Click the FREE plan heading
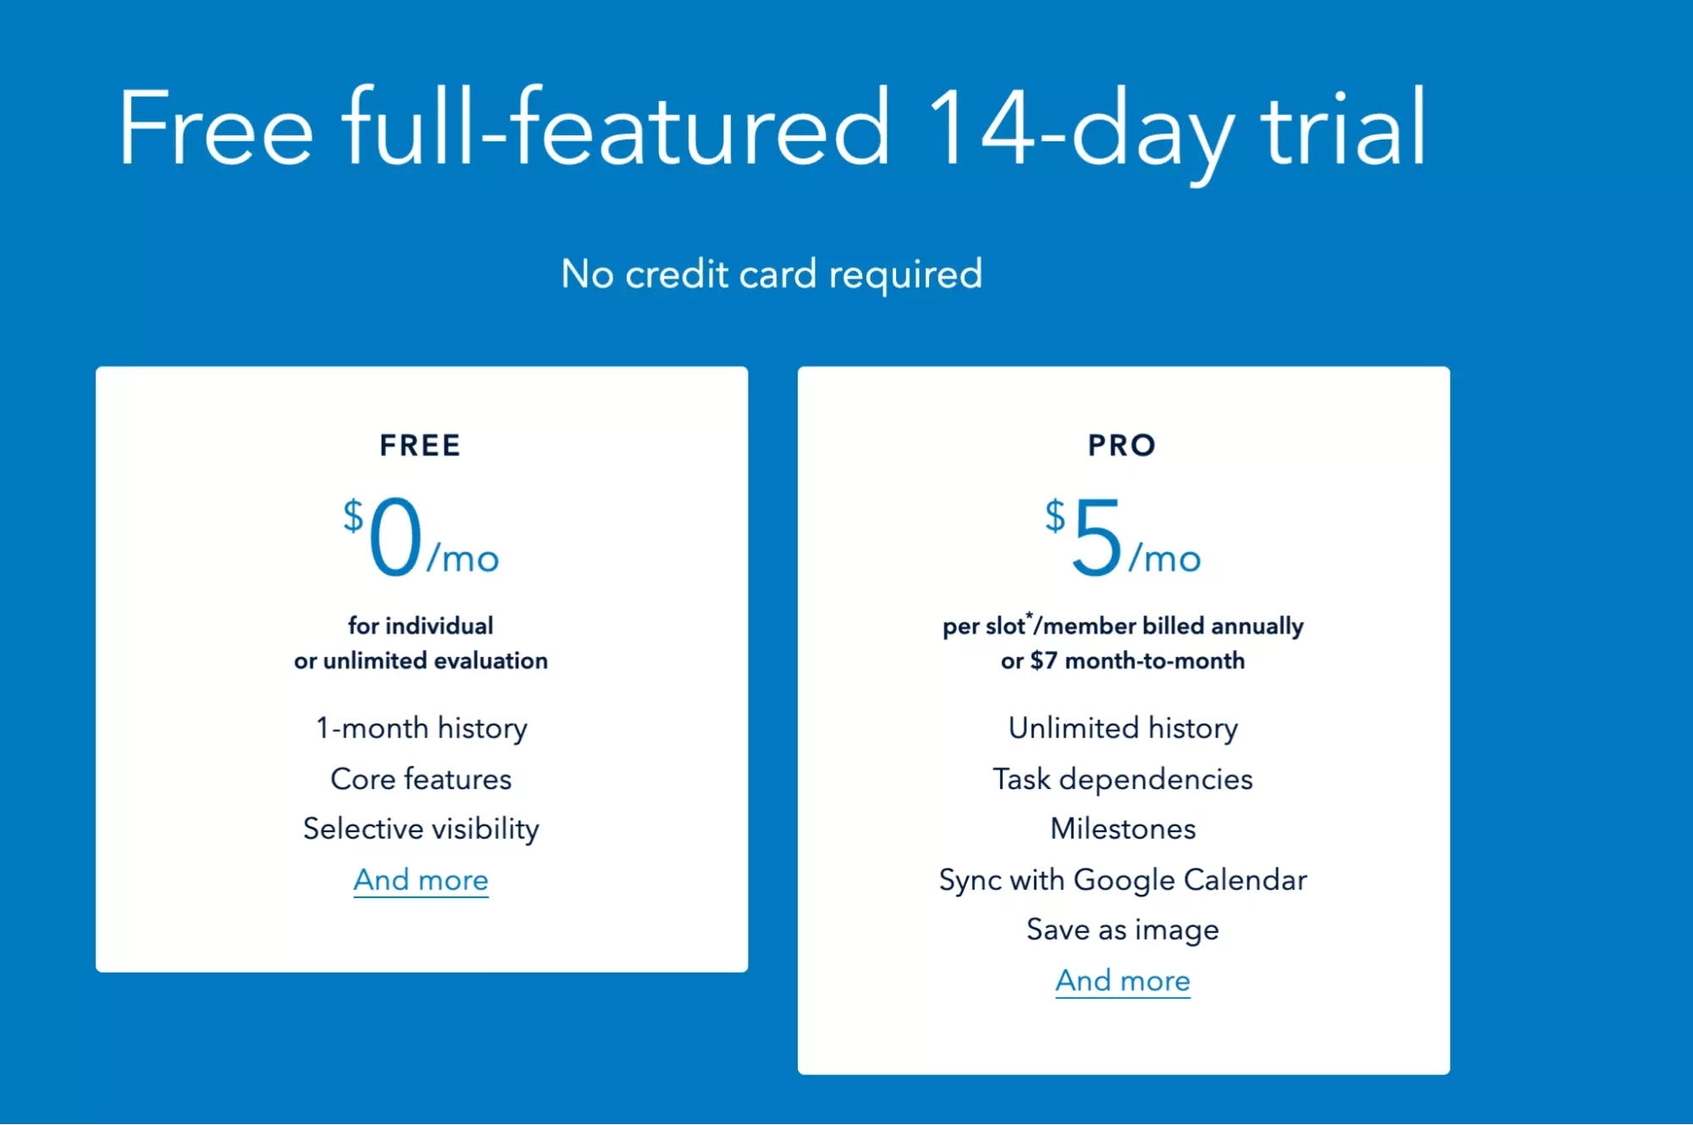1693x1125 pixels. click(x=420, y=445)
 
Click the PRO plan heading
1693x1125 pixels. click(x=1122, y=445)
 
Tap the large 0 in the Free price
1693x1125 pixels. click(x=396, y=537)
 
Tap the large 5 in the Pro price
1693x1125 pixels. click(x=1097, y=537)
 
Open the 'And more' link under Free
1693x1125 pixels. click(x=421, y=880)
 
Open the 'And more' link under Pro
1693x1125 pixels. click(x=1122, y=981)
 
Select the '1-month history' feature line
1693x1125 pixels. click(x=421, y=728)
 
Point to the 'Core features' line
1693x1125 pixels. click(x=421, y=779)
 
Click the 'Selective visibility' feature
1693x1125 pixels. click(x=421, y=829)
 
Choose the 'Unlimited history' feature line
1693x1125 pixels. click(x=1122, y=728)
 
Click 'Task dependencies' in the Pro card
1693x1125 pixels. click(x=1122, y=779)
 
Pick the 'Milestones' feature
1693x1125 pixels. click(x=1122, y=829)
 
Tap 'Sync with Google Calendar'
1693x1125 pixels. click(x=1122, y=880)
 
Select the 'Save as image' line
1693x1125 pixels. click(x=1122, y=930)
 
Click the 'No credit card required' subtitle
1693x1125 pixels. click(x=772, y=274)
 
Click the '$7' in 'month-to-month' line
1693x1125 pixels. click(x=1043, y=661)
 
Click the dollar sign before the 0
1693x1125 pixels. click(x=353, y=516)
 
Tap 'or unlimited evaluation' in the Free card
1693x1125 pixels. click(x=421, y=661)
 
